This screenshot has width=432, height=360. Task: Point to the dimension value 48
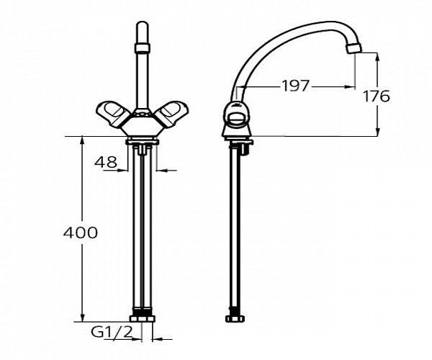(105, 163)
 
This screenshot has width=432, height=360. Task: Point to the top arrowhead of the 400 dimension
(82, 139)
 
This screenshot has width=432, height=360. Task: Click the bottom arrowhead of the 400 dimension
(82, 319)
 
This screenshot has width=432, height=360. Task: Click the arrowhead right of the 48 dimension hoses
(157, 171)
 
